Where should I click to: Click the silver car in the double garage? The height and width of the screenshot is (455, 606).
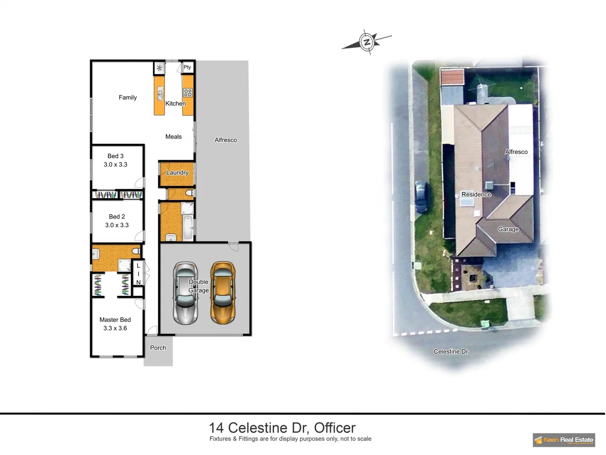pos(185,293)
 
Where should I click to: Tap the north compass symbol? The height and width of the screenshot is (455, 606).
pos(367,42)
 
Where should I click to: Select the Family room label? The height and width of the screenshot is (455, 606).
pos(128,97)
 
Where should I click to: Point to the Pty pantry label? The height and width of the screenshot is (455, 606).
pos(187,67)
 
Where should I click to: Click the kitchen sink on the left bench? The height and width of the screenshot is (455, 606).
pos(160,94)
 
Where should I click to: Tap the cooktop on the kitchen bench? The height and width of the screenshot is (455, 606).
pos(187,93)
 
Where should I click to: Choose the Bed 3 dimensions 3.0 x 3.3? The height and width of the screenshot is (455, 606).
pos(116,164)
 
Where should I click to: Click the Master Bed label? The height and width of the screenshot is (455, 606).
pos(115,320)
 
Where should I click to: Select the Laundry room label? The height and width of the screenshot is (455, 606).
pos(177,172)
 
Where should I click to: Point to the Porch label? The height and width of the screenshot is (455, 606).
pos(158,348)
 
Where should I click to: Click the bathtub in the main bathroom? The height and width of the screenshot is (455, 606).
pos(188,228)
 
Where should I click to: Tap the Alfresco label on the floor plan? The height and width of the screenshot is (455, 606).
pos(226,140)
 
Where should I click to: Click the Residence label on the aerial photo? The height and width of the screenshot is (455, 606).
pos(476,194)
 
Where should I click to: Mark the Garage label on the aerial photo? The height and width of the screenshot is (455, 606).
pos(508,229)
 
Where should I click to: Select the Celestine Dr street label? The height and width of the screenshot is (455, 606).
pos(451,351)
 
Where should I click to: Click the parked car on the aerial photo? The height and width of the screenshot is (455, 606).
pos(421,197)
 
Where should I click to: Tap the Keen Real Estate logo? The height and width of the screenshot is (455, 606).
pos(563,440)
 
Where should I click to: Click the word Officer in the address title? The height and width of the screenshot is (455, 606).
pos(335,428)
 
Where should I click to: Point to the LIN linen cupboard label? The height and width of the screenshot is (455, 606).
pos(138,274)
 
